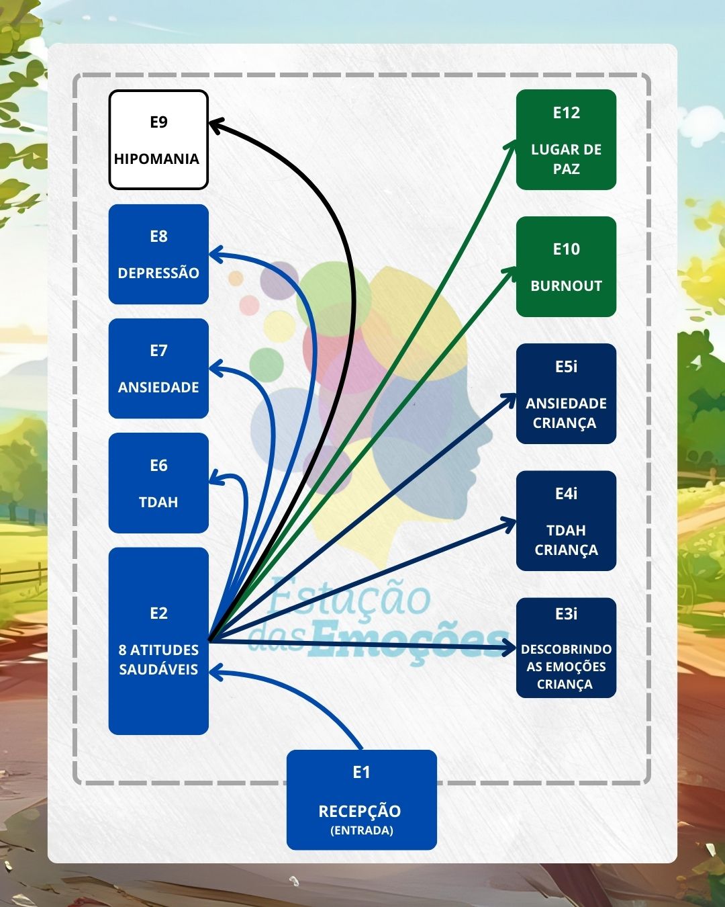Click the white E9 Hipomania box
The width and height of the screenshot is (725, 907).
(x=158, y=140)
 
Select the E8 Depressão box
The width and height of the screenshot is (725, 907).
(x=158, y=254)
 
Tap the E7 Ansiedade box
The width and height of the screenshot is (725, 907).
(x=158, y=368)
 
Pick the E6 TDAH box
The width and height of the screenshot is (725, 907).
(x=158, y=483)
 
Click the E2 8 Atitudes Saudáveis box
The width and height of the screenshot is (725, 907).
(x=158, y=640)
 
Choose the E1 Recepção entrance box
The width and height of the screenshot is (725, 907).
(x=361, y=800)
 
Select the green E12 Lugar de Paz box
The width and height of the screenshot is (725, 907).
(x=566, y=140)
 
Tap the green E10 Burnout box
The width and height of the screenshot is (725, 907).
(x=566, y=267)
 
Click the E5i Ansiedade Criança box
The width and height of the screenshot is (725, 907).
(x=566, y=394)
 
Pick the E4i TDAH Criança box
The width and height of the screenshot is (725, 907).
(x=566, y=521)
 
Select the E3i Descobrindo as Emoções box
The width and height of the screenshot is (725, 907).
(x=566, y=648)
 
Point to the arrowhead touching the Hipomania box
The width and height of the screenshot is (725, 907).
(x=216, y=124)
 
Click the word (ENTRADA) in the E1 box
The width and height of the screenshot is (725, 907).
(x=361, y=830)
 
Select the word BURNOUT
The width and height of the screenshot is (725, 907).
(x=566, y=286)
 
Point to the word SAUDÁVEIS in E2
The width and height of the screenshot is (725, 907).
(x=158, y=669)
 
